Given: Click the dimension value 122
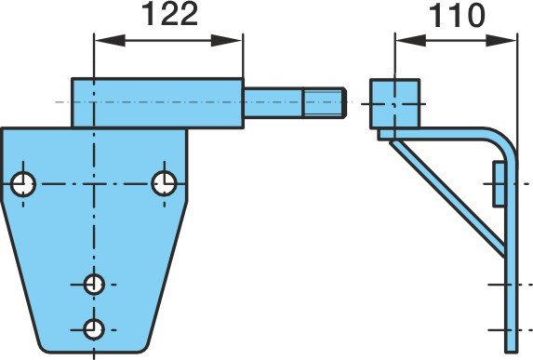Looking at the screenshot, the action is (x=169, y=15).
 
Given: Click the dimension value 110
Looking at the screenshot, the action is (x=457, y=16).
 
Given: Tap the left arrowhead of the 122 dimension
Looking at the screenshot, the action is (x=110, y=40).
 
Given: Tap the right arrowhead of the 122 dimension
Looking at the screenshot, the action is (x=226, y=40).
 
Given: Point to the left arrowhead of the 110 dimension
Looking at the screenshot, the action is (x=411, y=40).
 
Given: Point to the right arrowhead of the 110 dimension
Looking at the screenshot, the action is (x=500, y=40).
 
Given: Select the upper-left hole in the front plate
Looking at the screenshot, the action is (x=23, y=184).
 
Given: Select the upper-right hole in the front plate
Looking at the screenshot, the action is (x=165, y=183).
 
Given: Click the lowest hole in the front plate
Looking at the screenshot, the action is (x=94, y=329).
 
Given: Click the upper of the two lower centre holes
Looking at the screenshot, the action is (x=94, y=285).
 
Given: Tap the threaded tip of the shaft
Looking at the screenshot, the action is (x=325, y=102).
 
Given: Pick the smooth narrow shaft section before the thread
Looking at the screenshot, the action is (x=273, y=102).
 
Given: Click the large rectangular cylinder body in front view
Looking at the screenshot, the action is (x=158, y=103).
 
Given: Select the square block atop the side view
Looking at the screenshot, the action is (x=395, y=104).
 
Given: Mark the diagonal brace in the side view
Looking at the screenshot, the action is (x=447, y=198).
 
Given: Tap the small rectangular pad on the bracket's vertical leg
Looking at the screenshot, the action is (x=499, y=184).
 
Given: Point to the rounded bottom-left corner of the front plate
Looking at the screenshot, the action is (x=42, y=346).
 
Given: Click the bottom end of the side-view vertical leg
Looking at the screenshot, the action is (x=512, y=353).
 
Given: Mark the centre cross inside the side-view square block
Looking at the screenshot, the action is (x=394, y=104).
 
